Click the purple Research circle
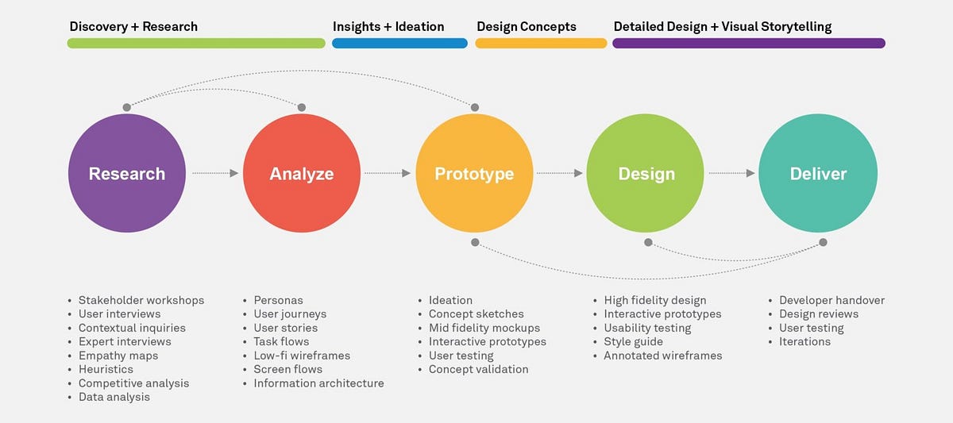click(127, 174)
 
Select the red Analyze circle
click(302, 174)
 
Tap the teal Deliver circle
click(818, 174)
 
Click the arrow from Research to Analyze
click(214, 173)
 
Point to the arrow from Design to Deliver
click(731, 173)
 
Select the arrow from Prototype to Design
click(560, 173)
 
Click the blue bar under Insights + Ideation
click(399, 44)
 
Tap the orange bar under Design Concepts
click(541, 44)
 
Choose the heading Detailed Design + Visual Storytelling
click(723, 26)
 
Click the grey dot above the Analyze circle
click(302, 107)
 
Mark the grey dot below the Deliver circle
click(823, 242)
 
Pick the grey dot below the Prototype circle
click(475, 241)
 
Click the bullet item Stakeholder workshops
click(141, 300)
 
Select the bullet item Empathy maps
click(118, 356)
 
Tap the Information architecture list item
click(318, 383)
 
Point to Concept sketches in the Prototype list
click(476, 314)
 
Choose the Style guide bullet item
click(633, 342)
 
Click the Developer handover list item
click(831, 300)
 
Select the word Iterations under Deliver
click(804, 342)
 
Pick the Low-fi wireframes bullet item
click(302, 356)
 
